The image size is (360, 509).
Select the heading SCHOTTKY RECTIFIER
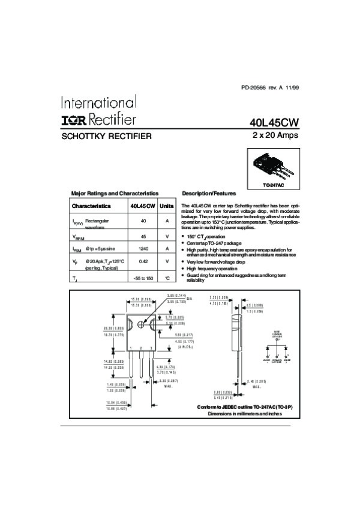click(107, 136)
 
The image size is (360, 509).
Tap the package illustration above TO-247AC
click(273, 167)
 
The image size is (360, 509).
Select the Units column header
click(166, 206)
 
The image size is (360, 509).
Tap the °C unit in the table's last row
click(167, 279)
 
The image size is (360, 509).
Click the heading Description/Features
click(209, 194)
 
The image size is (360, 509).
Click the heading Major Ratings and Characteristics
click(115, 194)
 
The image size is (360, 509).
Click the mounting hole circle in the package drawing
click(142, 324)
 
